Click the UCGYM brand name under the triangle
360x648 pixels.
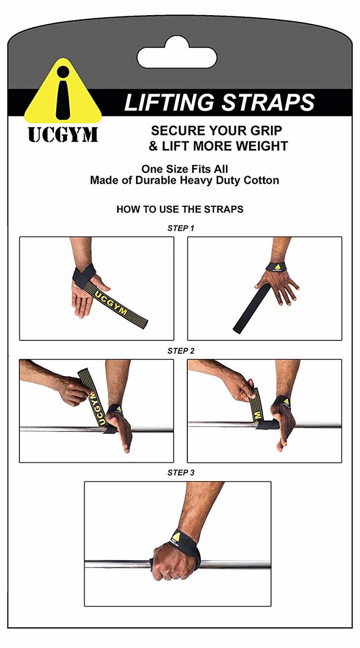pos(63,135)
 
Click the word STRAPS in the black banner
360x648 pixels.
pos(268,103)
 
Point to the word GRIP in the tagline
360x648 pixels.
pos(266,131)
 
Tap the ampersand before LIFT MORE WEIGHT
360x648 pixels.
pos(153,146)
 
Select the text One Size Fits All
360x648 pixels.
pos(185,169)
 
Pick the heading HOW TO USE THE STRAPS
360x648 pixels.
pos(180,209)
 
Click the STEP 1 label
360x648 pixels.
pos(181,228)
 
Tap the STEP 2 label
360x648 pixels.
pos(181,351)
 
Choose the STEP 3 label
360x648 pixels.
pos(181,473)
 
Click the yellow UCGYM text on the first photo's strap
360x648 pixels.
pos(111,303)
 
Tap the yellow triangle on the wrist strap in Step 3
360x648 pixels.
pos(177,536)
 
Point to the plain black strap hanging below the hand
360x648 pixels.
pos(249,308)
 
